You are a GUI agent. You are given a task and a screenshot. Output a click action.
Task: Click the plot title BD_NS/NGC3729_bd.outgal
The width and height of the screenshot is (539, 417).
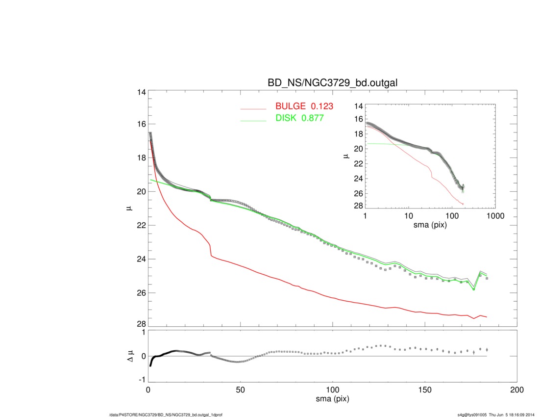[x=332, y=83]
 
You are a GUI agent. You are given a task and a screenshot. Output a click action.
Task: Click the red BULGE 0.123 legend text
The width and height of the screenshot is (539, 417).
[x=304, y=106]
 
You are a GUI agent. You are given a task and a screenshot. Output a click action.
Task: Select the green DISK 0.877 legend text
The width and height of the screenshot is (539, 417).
[x=299, y=118]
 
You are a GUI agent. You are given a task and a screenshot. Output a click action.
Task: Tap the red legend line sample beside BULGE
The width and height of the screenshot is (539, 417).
[x=253, y=108]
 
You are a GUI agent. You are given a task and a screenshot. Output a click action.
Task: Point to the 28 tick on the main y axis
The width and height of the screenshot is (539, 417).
[x=141, y=324]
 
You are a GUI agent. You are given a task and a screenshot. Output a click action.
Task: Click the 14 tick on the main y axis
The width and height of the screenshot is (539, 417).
[x=141, y=92]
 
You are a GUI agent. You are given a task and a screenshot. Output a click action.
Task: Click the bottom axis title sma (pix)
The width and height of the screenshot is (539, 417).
[x=332, y=399]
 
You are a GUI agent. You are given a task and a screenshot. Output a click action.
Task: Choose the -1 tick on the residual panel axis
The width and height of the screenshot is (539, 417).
[x=142, y=380]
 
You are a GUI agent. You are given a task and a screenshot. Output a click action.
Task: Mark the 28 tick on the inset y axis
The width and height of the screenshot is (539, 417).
[x=358, y=206]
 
